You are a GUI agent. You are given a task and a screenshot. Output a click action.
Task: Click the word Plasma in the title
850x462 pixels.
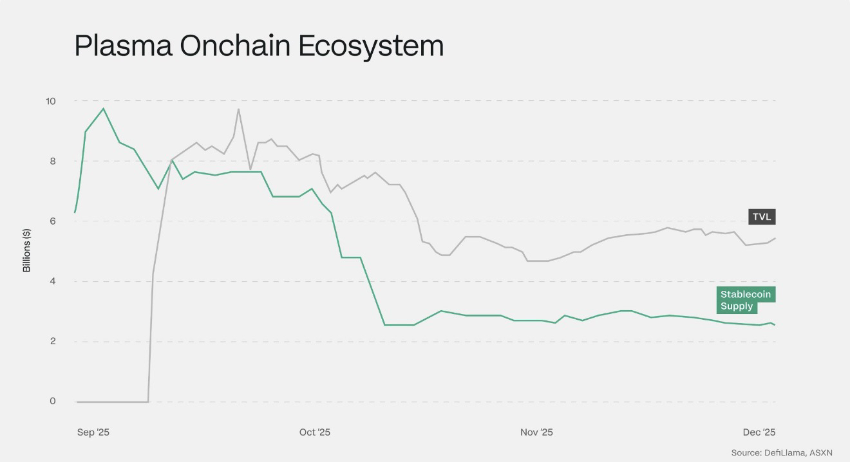(x=122, y=46)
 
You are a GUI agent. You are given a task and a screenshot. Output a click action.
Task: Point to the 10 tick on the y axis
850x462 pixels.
(x=50, y=101)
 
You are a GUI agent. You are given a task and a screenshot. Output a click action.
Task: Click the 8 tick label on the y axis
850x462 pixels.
(x=52, y=161)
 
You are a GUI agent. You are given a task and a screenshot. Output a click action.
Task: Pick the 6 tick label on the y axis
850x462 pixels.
(x=52, y=221)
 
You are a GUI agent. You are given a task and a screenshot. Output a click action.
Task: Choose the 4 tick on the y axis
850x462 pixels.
(x=52, y=281)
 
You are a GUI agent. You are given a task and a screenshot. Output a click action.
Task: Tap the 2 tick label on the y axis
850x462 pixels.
(x=52, y=341)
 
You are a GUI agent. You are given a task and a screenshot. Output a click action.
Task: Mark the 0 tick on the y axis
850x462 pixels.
(x=52, y=402)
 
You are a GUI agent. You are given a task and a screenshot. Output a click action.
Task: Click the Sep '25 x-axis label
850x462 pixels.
(x=93, y=432)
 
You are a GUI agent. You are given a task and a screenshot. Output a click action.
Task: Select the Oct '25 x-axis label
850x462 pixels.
(x=315, y=432)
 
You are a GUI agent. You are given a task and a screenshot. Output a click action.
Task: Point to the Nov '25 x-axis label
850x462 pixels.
(x=536, y=432)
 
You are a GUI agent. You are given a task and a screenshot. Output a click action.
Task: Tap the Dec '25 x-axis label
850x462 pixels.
(x=760, y=432)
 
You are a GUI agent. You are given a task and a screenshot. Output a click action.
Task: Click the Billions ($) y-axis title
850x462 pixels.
(x=27, y=250)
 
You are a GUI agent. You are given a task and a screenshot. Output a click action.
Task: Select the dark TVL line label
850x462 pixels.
(x=762, y=217)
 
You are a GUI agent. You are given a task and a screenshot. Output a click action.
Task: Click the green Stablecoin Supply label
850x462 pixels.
(x=746, y=300)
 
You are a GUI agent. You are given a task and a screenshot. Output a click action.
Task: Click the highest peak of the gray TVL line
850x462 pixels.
(x=238, y=109)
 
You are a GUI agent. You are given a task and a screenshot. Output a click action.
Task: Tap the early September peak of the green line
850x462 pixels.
(x=104, y=108)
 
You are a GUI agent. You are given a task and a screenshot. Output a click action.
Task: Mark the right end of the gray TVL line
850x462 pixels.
(x=775, y=238)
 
